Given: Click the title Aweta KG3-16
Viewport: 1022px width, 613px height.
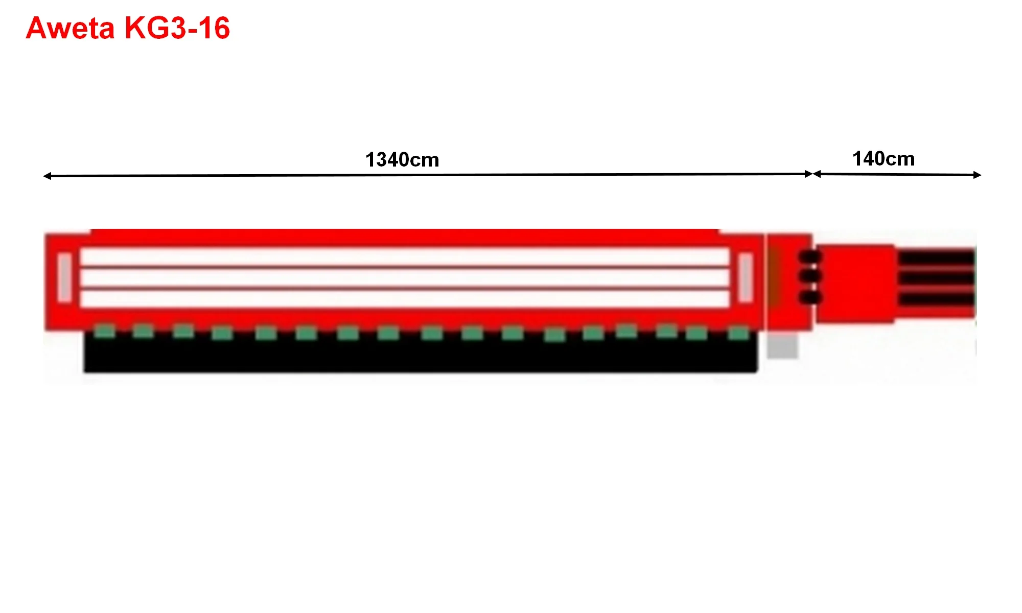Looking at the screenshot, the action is [x=128, y=28].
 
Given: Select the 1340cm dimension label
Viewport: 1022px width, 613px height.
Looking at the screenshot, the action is [x=402, y=160].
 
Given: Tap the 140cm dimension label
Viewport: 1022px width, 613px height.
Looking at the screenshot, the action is [x=884, y=159].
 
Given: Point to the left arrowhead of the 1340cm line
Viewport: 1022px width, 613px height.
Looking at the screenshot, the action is [x=47, y=176].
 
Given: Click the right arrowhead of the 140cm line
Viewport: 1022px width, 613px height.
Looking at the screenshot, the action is [x=977, y=175].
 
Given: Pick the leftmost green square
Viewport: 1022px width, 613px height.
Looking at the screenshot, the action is [x=105, y=331].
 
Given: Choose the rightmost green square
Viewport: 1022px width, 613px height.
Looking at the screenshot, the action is [x=738, y=334].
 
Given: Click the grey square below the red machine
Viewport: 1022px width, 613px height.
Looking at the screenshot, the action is [x=782, y=346].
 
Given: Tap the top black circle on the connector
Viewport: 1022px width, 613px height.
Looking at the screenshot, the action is [x=810, y=256].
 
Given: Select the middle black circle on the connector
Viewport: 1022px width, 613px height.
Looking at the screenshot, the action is [x=810, y=277].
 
